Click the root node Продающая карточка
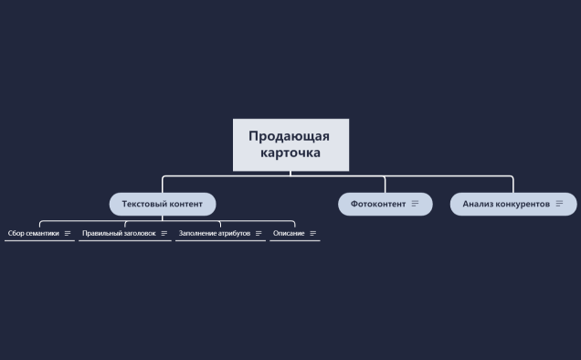(x=290, y=144)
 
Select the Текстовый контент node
(x=163, y=204)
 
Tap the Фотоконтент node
(x=378, y=204)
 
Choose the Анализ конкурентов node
(x=506, y=204)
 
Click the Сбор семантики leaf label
(x=34, y=233)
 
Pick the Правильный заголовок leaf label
(x=119, y=233)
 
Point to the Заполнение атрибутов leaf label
(x=215, y=233)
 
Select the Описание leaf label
(x=289, y=233)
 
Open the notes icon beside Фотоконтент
(x=416, y=204)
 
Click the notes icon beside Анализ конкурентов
(x=559, y=204)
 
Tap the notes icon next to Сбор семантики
(x=68, y=233)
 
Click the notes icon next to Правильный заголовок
(x=164, y=233)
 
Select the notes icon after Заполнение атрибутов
(x=259, y=233)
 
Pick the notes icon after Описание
(x=313, y=233)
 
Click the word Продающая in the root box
(x=289, y=136)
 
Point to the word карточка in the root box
(x=290, y=153)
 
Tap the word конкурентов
(x=523, y=204)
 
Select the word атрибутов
(x=234, y=233)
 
